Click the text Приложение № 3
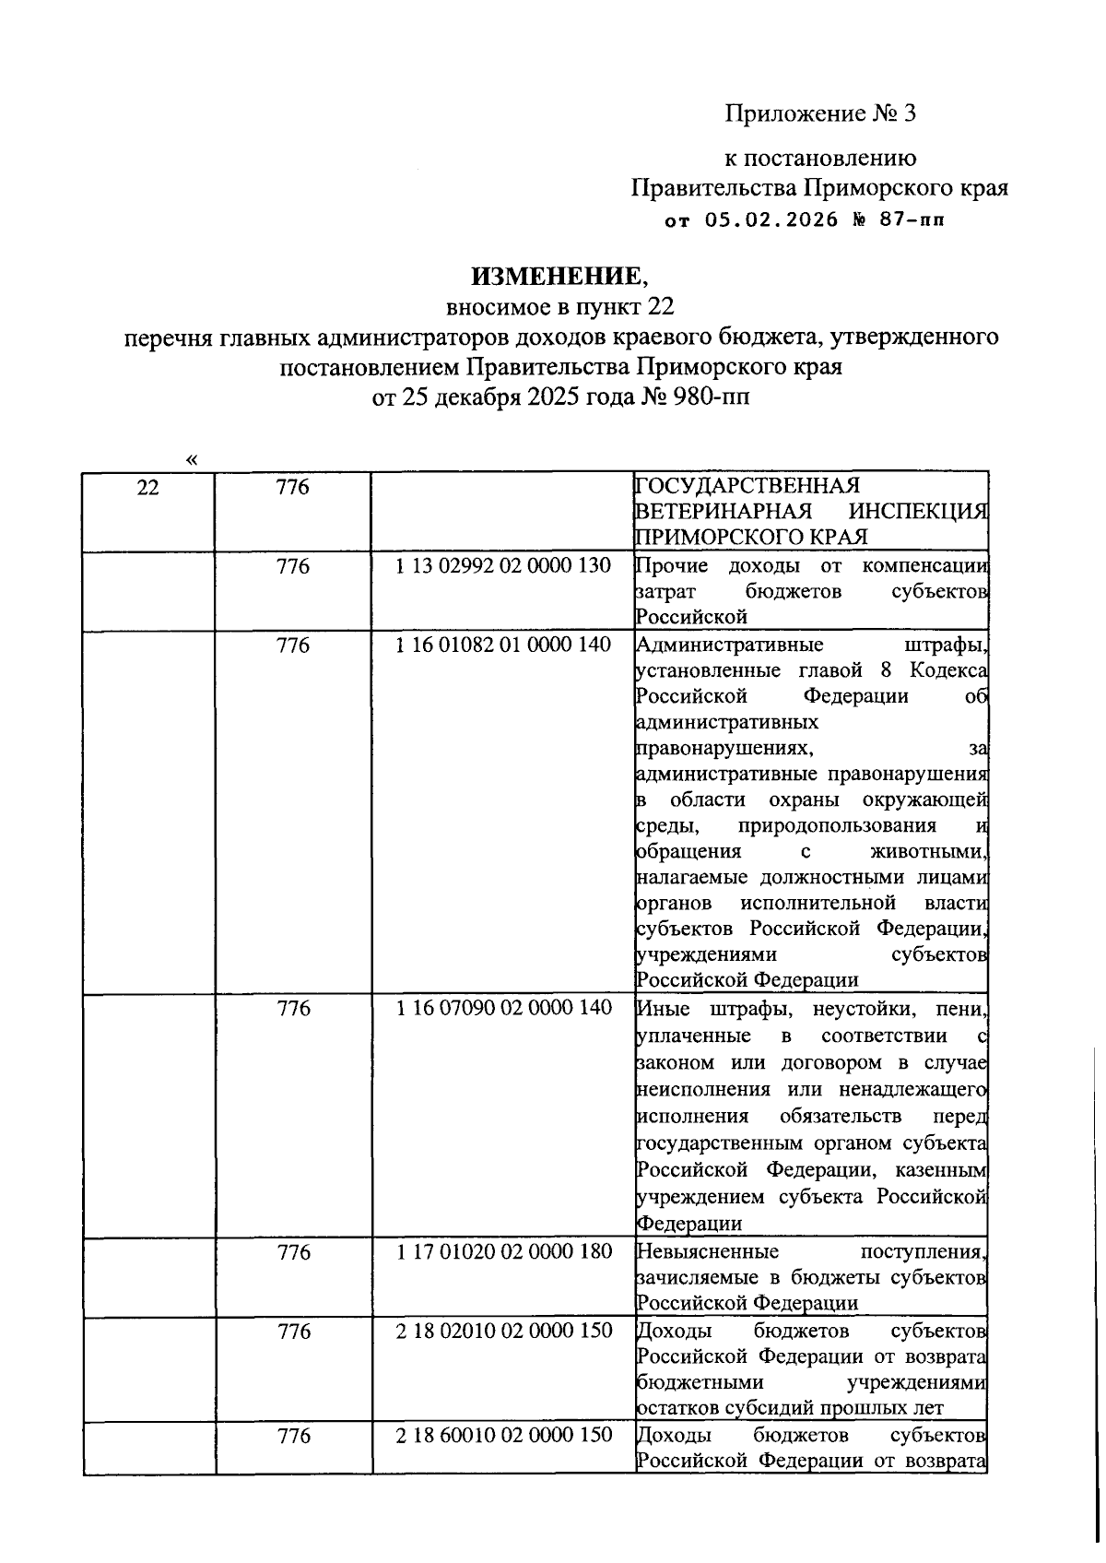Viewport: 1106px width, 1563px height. click(x=821, y=113)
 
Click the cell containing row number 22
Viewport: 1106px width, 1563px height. click(x=147, y=488)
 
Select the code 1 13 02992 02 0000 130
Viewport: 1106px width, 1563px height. click(x=503, y=566)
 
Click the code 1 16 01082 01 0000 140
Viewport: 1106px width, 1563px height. click(x=503, y=645)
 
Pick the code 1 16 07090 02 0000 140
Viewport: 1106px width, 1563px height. click(x=503, y=1009)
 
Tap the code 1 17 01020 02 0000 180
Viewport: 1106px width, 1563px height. click(x=503, y=1252)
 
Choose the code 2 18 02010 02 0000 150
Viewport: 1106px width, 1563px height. click(x=503, y=1332)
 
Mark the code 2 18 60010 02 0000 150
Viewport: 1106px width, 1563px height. click(x=503, y=1436)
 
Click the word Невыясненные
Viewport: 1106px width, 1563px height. click(x=708, y=1252)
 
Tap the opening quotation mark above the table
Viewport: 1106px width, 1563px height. click(x=191, y=458)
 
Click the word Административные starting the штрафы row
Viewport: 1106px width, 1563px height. click(x=730, y=645)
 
